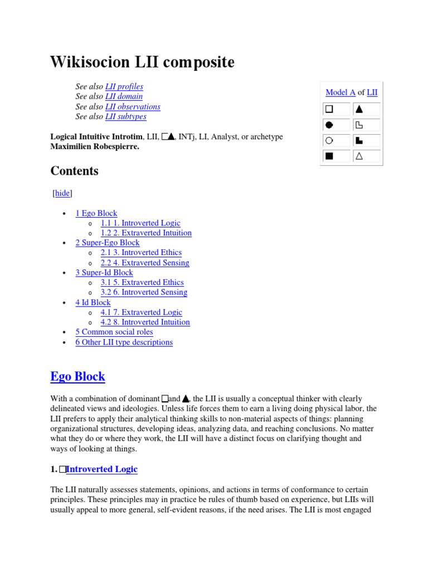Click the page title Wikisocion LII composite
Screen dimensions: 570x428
pos(142,62)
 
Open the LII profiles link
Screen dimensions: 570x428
pos(124,86)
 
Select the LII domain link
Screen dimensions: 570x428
pos(124,96)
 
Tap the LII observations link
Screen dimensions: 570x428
pos(133,106)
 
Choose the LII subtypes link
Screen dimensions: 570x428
pos(125,116)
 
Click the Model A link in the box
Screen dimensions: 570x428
pos(340,92)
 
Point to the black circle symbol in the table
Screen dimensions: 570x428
pos(329,125)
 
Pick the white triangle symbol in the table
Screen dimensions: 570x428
pos(359,156)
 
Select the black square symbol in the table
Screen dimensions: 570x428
pos(329,156)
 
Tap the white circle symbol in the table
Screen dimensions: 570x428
pos(329,140)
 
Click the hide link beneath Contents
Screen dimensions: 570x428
pos(62,193)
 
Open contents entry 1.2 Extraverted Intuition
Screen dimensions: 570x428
pos(146,233)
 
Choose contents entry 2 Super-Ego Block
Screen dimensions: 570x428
pos(108,243)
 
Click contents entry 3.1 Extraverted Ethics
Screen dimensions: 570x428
pos(142,282)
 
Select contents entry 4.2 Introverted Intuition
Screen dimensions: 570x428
pos(145,322)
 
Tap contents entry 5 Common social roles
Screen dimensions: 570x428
pos(114,332)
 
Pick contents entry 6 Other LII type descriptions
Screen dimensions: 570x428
pos(124,342)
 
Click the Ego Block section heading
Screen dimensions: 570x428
pos(77,376)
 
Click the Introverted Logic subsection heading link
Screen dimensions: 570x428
pos(101,469)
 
